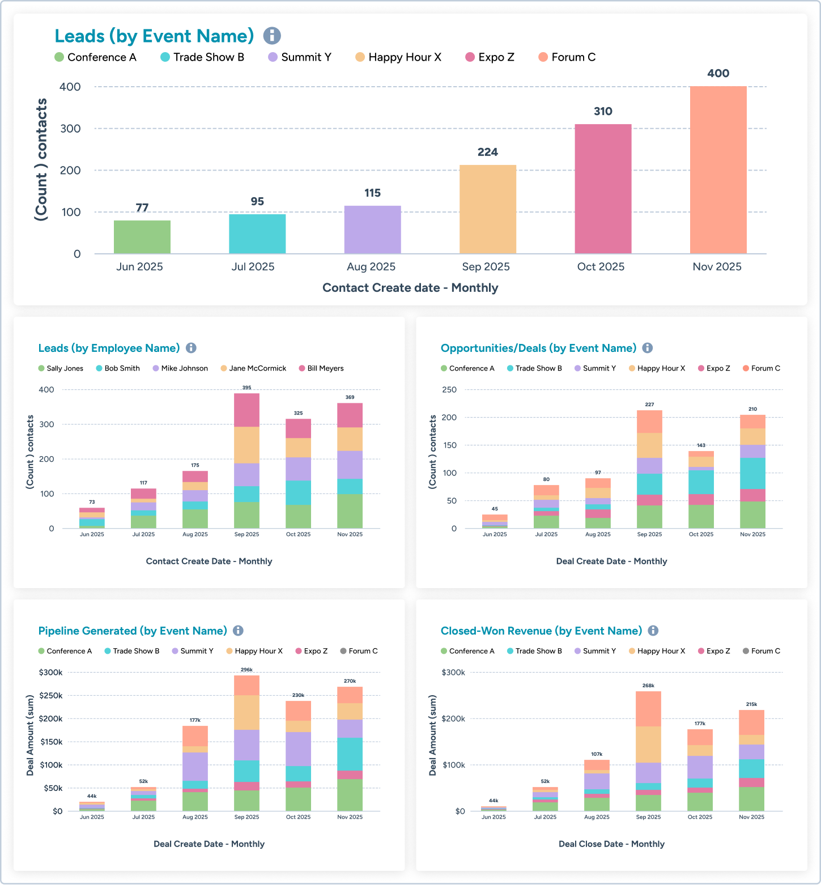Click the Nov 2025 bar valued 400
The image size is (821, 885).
point(718,170)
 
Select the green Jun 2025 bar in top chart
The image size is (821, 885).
point(142,237)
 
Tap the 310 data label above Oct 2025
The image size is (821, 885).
point(603,111)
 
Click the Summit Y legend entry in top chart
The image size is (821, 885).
point(300,57)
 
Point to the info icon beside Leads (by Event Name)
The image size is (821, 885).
point(272,36)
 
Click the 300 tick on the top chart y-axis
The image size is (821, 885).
point(70,129)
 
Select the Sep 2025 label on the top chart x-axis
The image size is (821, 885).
point(486,267)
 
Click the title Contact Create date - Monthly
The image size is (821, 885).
point(410,288)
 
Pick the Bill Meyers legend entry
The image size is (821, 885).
point(321,368)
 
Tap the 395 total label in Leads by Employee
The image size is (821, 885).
point(246,388)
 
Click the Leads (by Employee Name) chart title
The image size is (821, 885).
point(109,348)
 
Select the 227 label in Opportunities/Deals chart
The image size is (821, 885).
point(649,405)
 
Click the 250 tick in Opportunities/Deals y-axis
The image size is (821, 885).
point(449,390)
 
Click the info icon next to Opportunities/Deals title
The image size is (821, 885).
point(648,348)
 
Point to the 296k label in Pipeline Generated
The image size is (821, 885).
point(246,670)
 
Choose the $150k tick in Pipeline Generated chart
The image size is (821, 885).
point(51,742)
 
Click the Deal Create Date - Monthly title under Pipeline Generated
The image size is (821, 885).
point(209,844)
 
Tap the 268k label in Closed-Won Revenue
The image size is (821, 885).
point(648,686)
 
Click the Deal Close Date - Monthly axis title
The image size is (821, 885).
point(611,844)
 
